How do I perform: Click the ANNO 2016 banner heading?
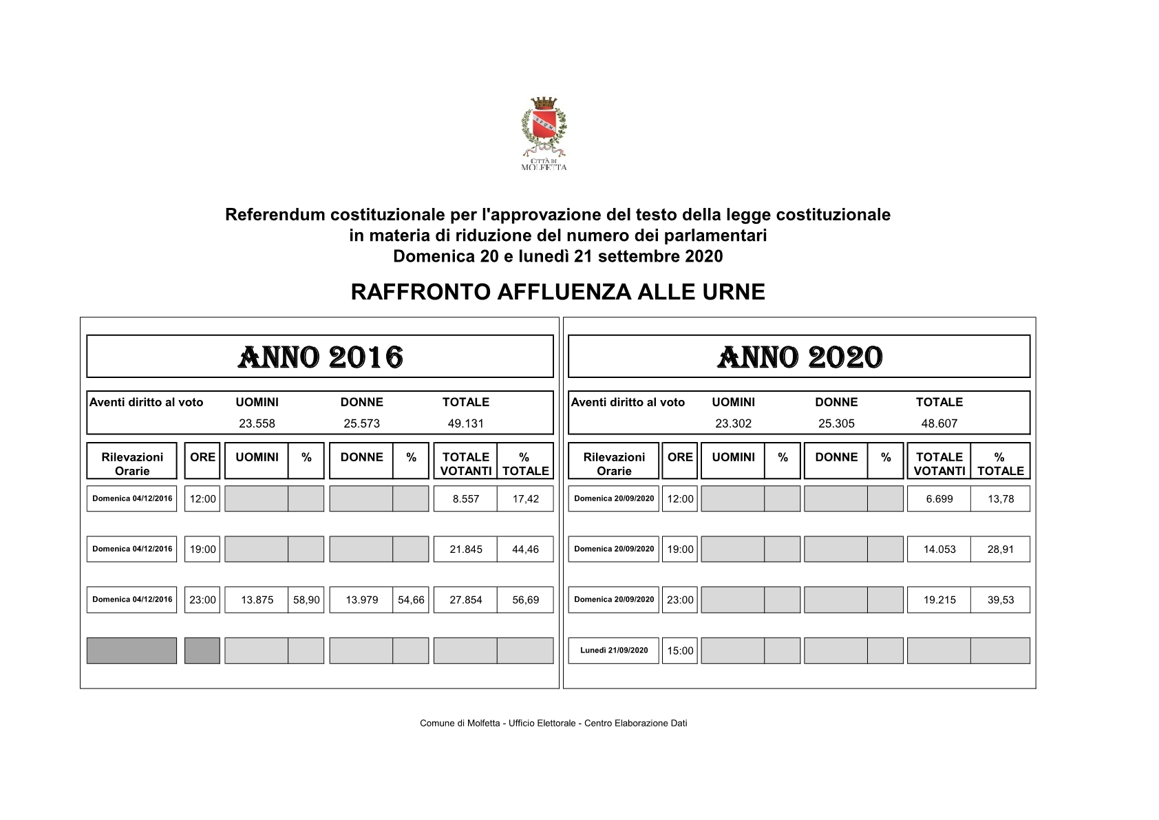320,357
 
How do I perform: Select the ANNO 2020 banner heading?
799,357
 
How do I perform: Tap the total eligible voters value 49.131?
465,423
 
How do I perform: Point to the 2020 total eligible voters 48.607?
939,423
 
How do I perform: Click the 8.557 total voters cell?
465,499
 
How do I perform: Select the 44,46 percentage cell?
525,549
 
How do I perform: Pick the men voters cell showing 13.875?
257,600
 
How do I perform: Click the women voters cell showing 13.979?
361,600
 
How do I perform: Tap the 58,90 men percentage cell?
306,600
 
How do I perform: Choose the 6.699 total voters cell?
939,499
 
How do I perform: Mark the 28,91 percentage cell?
1000,549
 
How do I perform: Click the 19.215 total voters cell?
939,600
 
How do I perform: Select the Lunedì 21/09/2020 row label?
613,651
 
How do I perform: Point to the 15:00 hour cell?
680,651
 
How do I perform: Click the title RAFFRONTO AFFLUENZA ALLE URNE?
557,292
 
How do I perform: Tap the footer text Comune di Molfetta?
553,723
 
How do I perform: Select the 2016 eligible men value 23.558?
257,423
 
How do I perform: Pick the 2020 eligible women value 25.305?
836,423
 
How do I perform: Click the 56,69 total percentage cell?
525,600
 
